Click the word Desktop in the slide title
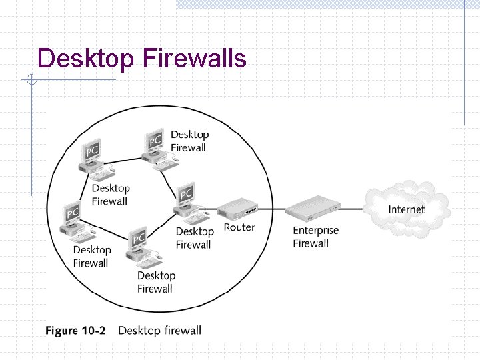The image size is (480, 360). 86,59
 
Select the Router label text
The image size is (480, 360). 239,227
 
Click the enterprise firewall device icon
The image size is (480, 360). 313,209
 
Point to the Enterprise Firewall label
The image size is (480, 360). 315,237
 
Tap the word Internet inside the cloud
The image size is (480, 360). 406,209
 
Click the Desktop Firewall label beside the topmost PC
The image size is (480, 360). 189,141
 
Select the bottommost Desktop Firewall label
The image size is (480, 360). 156,282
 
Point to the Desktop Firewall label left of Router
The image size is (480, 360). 194,238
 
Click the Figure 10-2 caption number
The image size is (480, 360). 75,330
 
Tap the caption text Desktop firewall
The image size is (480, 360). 159,330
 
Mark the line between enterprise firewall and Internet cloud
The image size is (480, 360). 353,209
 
